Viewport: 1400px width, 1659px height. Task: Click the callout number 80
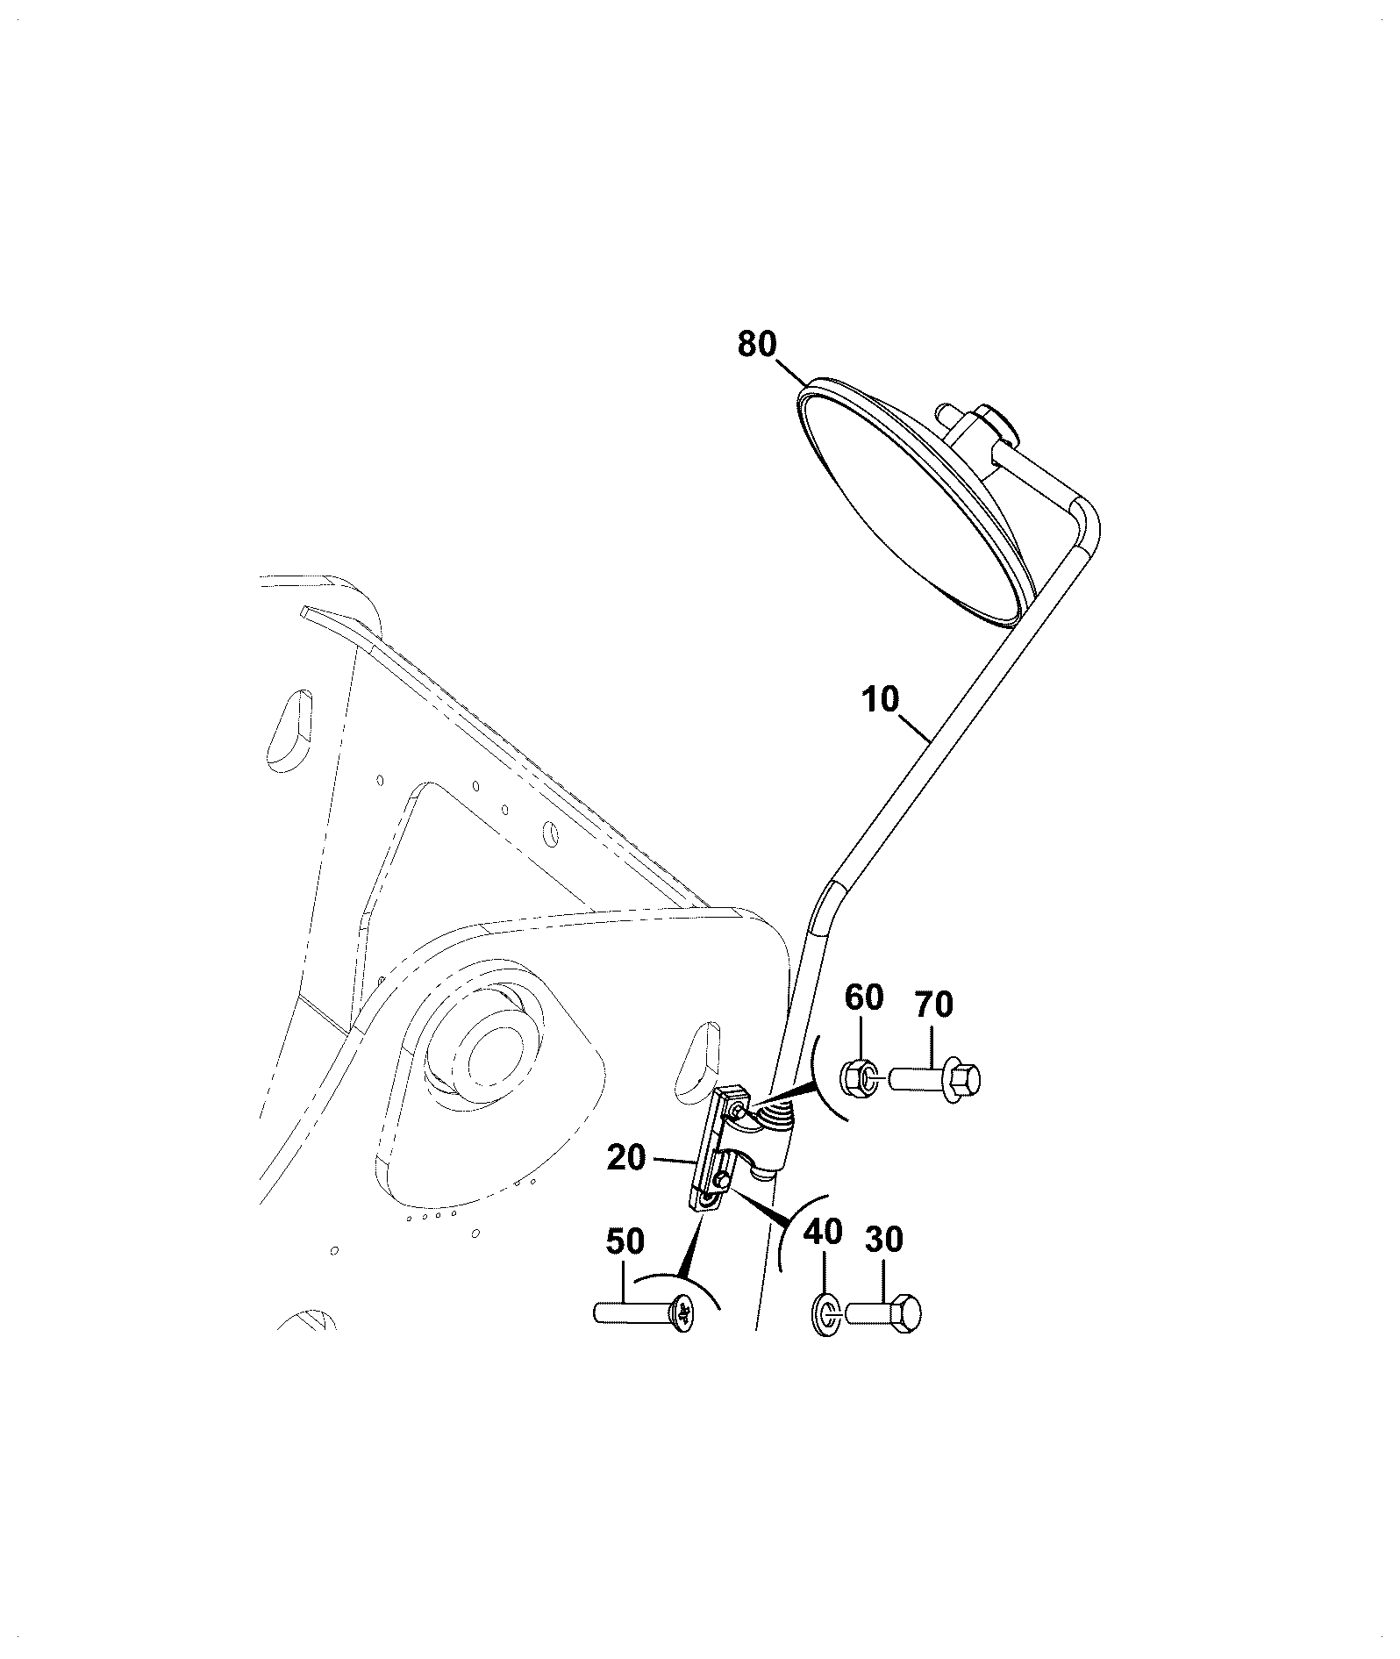click(x=757, y=345)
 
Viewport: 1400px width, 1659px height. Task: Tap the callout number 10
click(x=881, y=701)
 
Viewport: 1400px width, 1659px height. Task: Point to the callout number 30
click(x=884, y=1240)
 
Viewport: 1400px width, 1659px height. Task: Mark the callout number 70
click(x=933, y=1004)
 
